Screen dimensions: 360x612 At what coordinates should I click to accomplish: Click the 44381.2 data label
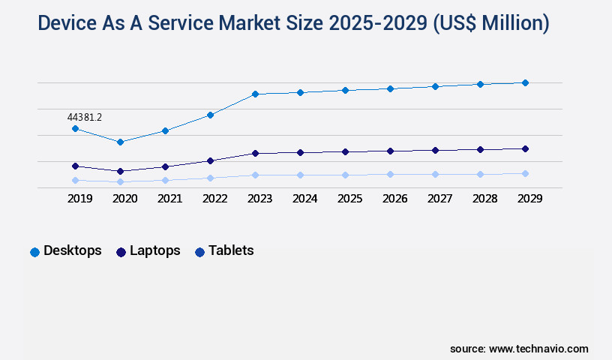(84, 117)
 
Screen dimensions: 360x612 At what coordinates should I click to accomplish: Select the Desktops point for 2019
(75, 129)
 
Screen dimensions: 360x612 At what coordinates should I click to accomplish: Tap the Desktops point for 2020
(120, 142)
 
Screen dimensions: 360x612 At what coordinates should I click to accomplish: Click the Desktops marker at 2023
(255, 94)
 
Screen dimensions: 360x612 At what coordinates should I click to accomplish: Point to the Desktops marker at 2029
(525, 82)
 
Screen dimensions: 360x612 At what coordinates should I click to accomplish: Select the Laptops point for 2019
(75, 166)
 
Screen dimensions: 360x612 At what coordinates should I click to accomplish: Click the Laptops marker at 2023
(255, 153)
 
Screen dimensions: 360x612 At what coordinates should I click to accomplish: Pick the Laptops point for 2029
(525, 148)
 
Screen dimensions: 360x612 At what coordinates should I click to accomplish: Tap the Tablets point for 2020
(120, 181)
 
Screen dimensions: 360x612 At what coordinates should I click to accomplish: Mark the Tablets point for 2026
(390, 174)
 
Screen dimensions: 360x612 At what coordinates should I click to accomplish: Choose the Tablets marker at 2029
(525, 173)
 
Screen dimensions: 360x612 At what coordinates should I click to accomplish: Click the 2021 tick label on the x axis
(169, 199)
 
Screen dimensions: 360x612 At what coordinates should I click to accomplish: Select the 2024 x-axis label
(304, 199)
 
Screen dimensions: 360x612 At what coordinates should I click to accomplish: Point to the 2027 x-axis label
(439, 199)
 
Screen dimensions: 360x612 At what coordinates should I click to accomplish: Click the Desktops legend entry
(66, 251)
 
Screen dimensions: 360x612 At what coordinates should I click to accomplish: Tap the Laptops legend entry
(148, 251)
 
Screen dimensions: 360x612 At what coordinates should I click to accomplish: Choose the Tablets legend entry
(224, 251)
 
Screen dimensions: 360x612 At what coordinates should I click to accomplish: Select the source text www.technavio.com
(538, 349)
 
